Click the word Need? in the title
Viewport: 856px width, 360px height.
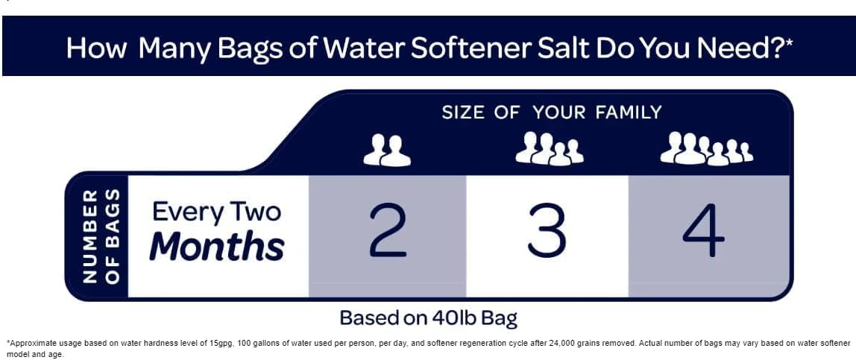pyautogui.click(x=739, y=47)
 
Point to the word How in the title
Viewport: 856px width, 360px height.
pyautogui.click(x=97, y=47)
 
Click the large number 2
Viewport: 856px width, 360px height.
pyautogui.click(x=388, y=230)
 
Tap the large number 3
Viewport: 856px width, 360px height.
pyautogui.click(x=547, y=230)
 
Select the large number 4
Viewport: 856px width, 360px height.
pyautogui.click(x=703, y=230)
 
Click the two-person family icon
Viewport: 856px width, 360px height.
pyautogui.click(x=387, y=151)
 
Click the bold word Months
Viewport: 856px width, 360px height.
pyautogui.click(x=216, y=247)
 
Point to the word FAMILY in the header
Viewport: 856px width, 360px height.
pyautogui.click(x=628, y=113)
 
